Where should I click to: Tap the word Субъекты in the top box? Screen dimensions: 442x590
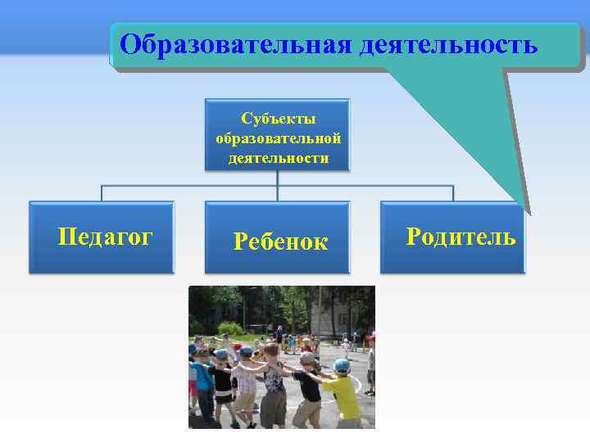point(278,120)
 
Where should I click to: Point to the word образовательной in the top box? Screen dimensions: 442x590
point(278,138)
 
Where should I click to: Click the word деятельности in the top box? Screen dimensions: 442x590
point(278,157)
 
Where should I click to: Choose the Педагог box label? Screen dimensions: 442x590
point(105,237)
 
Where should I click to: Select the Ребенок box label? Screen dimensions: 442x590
point(280,241)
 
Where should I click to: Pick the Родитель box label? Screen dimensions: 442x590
point(461,237)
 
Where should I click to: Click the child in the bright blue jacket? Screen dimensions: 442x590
point(202,381)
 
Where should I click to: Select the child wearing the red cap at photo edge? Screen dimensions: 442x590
point(370,360)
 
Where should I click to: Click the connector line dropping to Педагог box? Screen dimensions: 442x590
point(102,194)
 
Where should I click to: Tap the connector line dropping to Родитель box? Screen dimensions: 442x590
point(452,194)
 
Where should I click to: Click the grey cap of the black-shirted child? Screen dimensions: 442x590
point(307,359)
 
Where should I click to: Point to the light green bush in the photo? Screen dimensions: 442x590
point(232,328)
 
